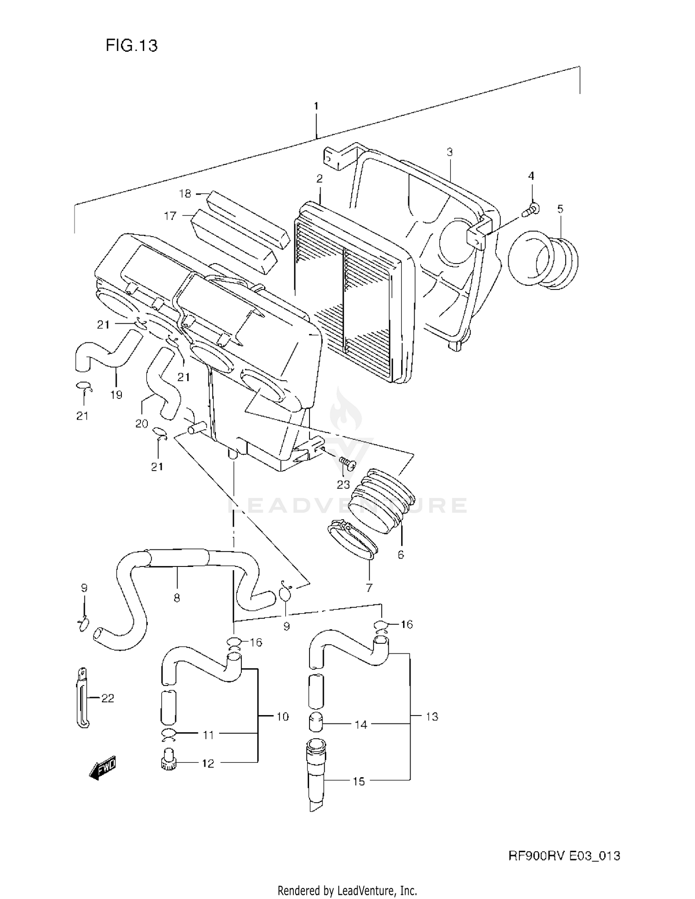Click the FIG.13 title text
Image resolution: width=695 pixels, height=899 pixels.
click(x=132, y=45)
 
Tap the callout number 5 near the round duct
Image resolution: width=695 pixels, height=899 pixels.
click(x=560, y=209)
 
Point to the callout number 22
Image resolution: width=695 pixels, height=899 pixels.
click(x=107, y=698)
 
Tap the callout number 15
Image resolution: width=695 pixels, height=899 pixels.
click(x=359, y=781)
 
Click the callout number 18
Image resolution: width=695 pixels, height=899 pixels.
click(x=185, y=194)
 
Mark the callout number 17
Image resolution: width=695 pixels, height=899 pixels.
click(x=170, y=216)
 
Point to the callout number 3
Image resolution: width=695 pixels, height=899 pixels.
click(x=449, y=152)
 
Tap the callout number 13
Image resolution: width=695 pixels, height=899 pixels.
click(x=431, y=717)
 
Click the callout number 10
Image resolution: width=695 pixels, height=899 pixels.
click(x=282, y=717)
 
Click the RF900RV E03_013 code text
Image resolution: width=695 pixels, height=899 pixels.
click(x=564, y=855)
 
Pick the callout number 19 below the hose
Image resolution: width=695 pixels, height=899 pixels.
click(x=116, y=395)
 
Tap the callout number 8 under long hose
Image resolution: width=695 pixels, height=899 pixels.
click(x=177, y=598)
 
